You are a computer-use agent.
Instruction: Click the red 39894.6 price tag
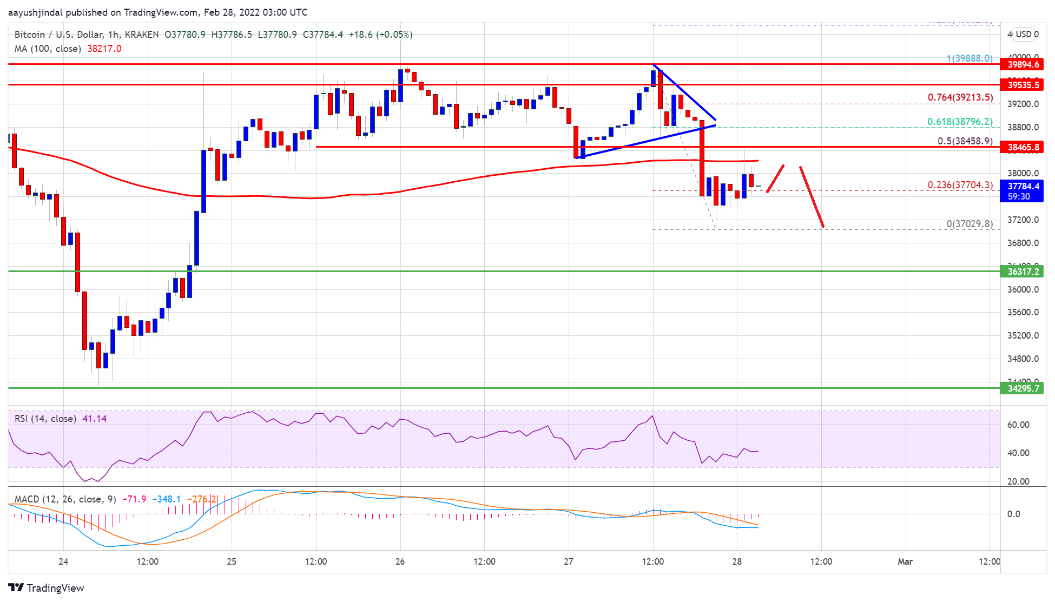[x=1023, y=64]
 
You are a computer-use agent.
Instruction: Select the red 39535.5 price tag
[x=1023, y=85]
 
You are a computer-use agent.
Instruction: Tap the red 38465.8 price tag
[x=1023, y=147]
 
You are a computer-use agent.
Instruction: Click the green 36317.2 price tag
[x=1023, y=272]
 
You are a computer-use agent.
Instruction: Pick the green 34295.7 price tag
[x=1023, y=388]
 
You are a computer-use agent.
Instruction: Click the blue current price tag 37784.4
[x=1023, y=186]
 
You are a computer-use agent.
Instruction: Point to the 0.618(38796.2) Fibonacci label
[x=960, y=122]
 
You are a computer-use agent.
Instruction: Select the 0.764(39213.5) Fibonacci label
[x=960, y=97]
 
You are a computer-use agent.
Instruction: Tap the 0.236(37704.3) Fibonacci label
[x=960, y=185]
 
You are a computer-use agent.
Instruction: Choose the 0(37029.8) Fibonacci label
[x=970, y=224]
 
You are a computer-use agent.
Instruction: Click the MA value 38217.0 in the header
[x=104, y=49]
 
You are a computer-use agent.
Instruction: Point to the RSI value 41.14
[x=95, y=419]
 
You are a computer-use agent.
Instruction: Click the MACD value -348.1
[x=167, y=499]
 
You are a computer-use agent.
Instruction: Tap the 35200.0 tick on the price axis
[x=1023, y=335]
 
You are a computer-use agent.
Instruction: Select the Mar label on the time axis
[x=905, y=561]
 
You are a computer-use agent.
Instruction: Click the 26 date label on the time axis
[x=400, y=561]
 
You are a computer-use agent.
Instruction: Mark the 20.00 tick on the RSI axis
[x=1018, y=481]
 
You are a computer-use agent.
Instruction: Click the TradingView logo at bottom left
[x=47, y=588]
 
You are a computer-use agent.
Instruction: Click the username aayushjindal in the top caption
[x=36, y=12]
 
